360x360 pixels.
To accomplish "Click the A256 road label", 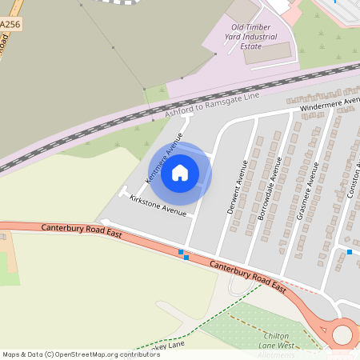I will [10, 26].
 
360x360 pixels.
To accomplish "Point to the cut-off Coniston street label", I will [353, 179].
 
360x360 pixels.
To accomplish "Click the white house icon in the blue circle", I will [180, 173].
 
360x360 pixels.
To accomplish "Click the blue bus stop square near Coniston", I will [350, 252].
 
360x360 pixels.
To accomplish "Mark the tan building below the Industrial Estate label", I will [267, 53].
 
